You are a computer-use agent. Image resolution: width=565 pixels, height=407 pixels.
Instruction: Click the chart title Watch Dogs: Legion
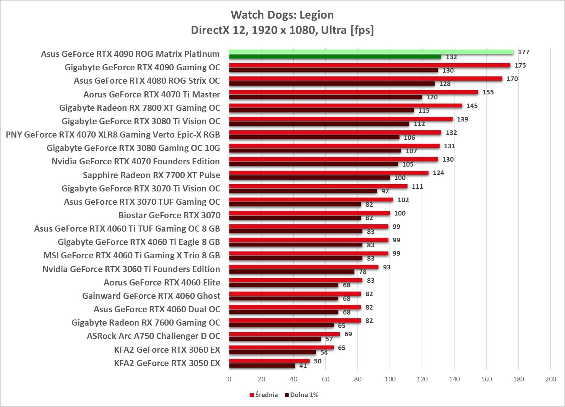coord(282,15)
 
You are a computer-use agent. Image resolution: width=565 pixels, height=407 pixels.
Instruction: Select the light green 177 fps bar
coord(371,52)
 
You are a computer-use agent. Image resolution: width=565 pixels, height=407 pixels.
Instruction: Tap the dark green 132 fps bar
coord(335,57)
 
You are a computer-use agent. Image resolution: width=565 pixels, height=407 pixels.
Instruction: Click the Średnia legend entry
coord(264,395)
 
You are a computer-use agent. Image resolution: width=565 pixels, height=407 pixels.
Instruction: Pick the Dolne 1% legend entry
coord(302,395)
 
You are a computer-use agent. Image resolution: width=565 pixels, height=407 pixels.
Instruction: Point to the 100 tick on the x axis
coord(390,379)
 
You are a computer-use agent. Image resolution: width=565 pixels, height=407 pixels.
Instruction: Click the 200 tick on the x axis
coord(550,379)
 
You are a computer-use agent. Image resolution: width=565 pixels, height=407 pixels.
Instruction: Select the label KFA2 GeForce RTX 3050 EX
coord(167,363)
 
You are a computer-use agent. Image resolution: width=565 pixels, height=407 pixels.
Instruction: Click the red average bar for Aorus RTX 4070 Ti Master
coord(354,92)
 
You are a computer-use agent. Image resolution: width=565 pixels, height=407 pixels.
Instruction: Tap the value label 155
coord(488,92)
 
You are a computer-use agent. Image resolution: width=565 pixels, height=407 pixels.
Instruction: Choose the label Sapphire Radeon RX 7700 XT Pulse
coord(152,175)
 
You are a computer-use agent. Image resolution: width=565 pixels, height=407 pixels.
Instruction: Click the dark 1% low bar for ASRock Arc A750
coord(275,339)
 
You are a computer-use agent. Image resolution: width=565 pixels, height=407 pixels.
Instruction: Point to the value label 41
coord(303,366)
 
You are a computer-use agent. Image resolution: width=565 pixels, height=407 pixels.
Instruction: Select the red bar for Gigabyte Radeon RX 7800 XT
coord(346,105)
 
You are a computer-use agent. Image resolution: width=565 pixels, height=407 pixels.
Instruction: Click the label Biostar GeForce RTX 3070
coord(169,215)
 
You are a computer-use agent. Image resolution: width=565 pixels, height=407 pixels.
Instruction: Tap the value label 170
coord(512,79)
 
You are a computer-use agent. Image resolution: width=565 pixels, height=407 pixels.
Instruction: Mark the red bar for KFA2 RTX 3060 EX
coord(281,347)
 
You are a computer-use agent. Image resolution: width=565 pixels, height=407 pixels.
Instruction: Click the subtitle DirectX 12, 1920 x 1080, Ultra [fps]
coord(282,30)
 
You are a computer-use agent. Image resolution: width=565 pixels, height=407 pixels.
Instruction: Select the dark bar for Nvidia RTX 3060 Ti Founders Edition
coord(292,272)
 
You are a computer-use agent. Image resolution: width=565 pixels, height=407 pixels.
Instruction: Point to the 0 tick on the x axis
coord(229,379)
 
